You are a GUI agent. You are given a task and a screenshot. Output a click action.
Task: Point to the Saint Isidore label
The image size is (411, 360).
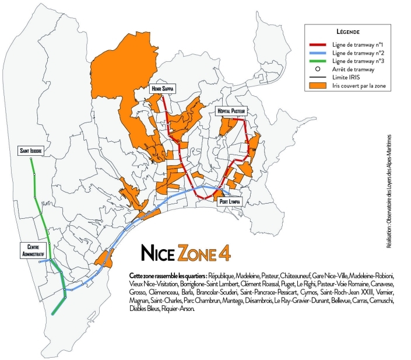(x=30, y=151)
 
